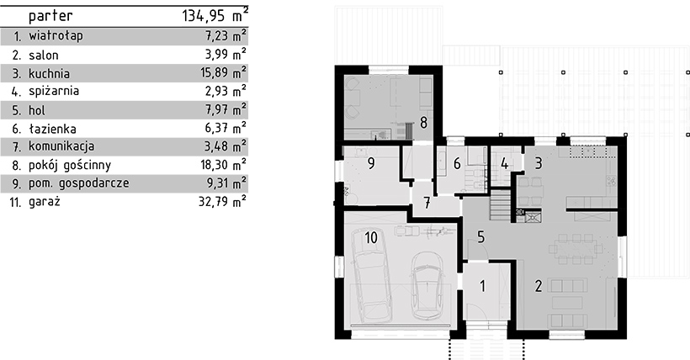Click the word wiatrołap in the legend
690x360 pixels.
pos(56,36)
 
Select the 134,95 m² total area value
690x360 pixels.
pos(215,16)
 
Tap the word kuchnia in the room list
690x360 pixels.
pos(50,73)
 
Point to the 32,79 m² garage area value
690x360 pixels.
pos(222,202)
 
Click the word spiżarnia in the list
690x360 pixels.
pos(54,92)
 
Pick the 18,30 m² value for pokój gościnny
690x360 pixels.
pos(223,165)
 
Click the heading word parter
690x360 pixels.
pos(50,17)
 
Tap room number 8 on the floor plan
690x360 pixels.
pos(423,122)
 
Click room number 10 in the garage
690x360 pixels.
pos(371,238)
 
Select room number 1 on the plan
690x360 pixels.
pos(482,286)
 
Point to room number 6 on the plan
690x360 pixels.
pos(457,164)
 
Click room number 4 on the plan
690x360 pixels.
pos(504,164)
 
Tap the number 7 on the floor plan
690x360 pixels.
pos(427,203)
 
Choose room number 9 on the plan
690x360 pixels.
pos(371,163)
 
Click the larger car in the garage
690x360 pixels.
pos(370,275)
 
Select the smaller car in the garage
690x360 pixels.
pos(427,285)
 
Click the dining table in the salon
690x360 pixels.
pos(576,249)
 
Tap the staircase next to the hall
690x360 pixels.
pos(501,204)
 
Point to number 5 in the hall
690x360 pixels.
pos(480,237)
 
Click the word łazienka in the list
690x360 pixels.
pos(52,129)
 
